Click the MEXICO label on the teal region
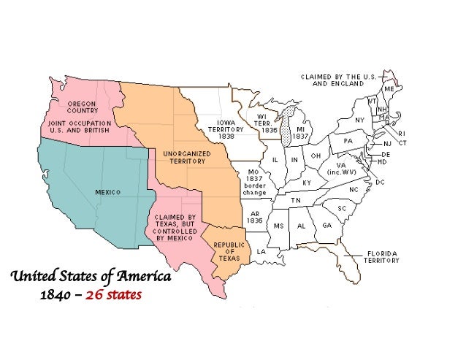[x=107, y=192]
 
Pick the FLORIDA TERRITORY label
[x=381, y=257]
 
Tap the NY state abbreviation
[x=359, y=120]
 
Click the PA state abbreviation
[x=348, y=140]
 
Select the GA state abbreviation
[x=326, y=226]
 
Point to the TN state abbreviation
[x=297, y=200]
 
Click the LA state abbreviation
[x=261, y=252]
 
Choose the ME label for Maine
[x=389, y=88]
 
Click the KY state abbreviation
[x=306, y=183]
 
